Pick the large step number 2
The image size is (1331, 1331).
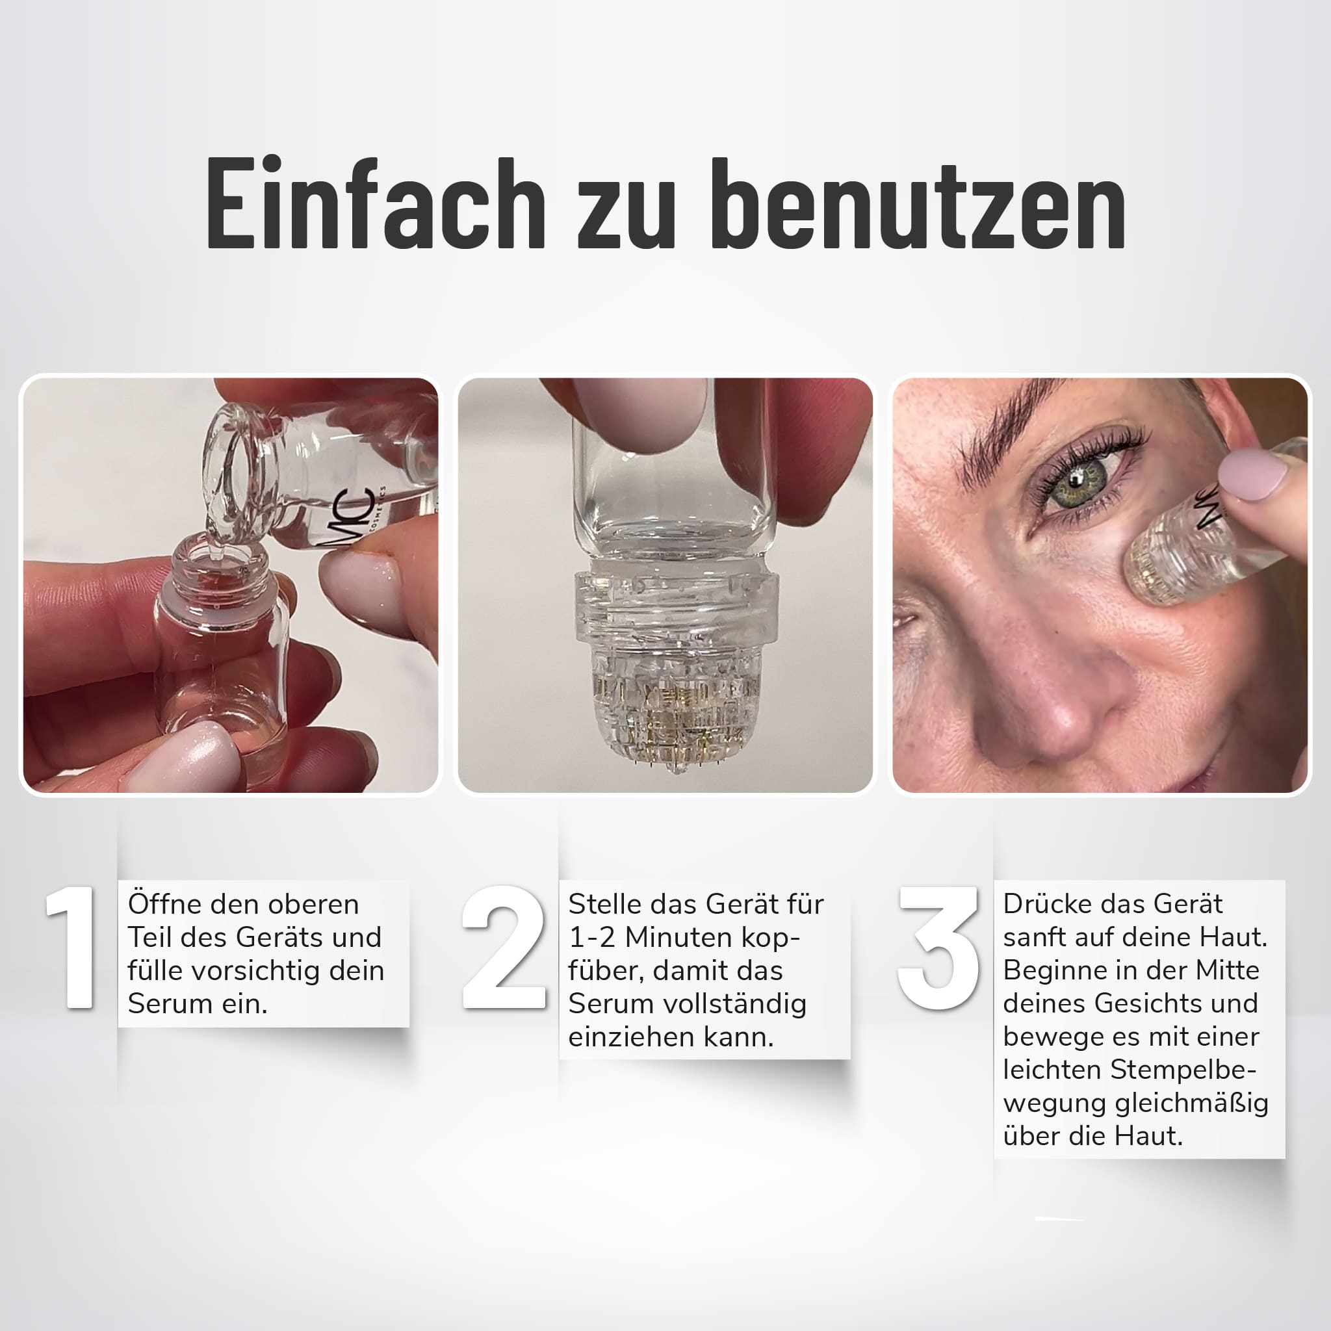click(x=504, y=948)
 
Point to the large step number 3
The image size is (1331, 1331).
click(x=939, y=948)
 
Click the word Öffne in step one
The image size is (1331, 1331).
click(x=166, y=903)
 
